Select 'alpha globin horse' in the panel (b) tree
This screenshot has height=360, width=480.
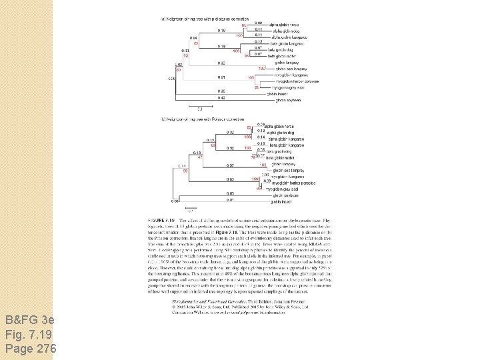point(280,125)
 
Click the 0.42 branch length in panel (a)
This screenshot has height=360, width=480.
point(221,97)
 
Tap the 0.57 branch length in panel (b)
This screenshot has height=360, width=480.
point(229,165)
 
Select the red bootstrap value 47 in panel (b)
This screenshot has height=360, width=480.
point(197,157)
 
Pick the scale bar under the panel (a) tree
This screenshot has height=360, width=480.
point(199,105)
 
